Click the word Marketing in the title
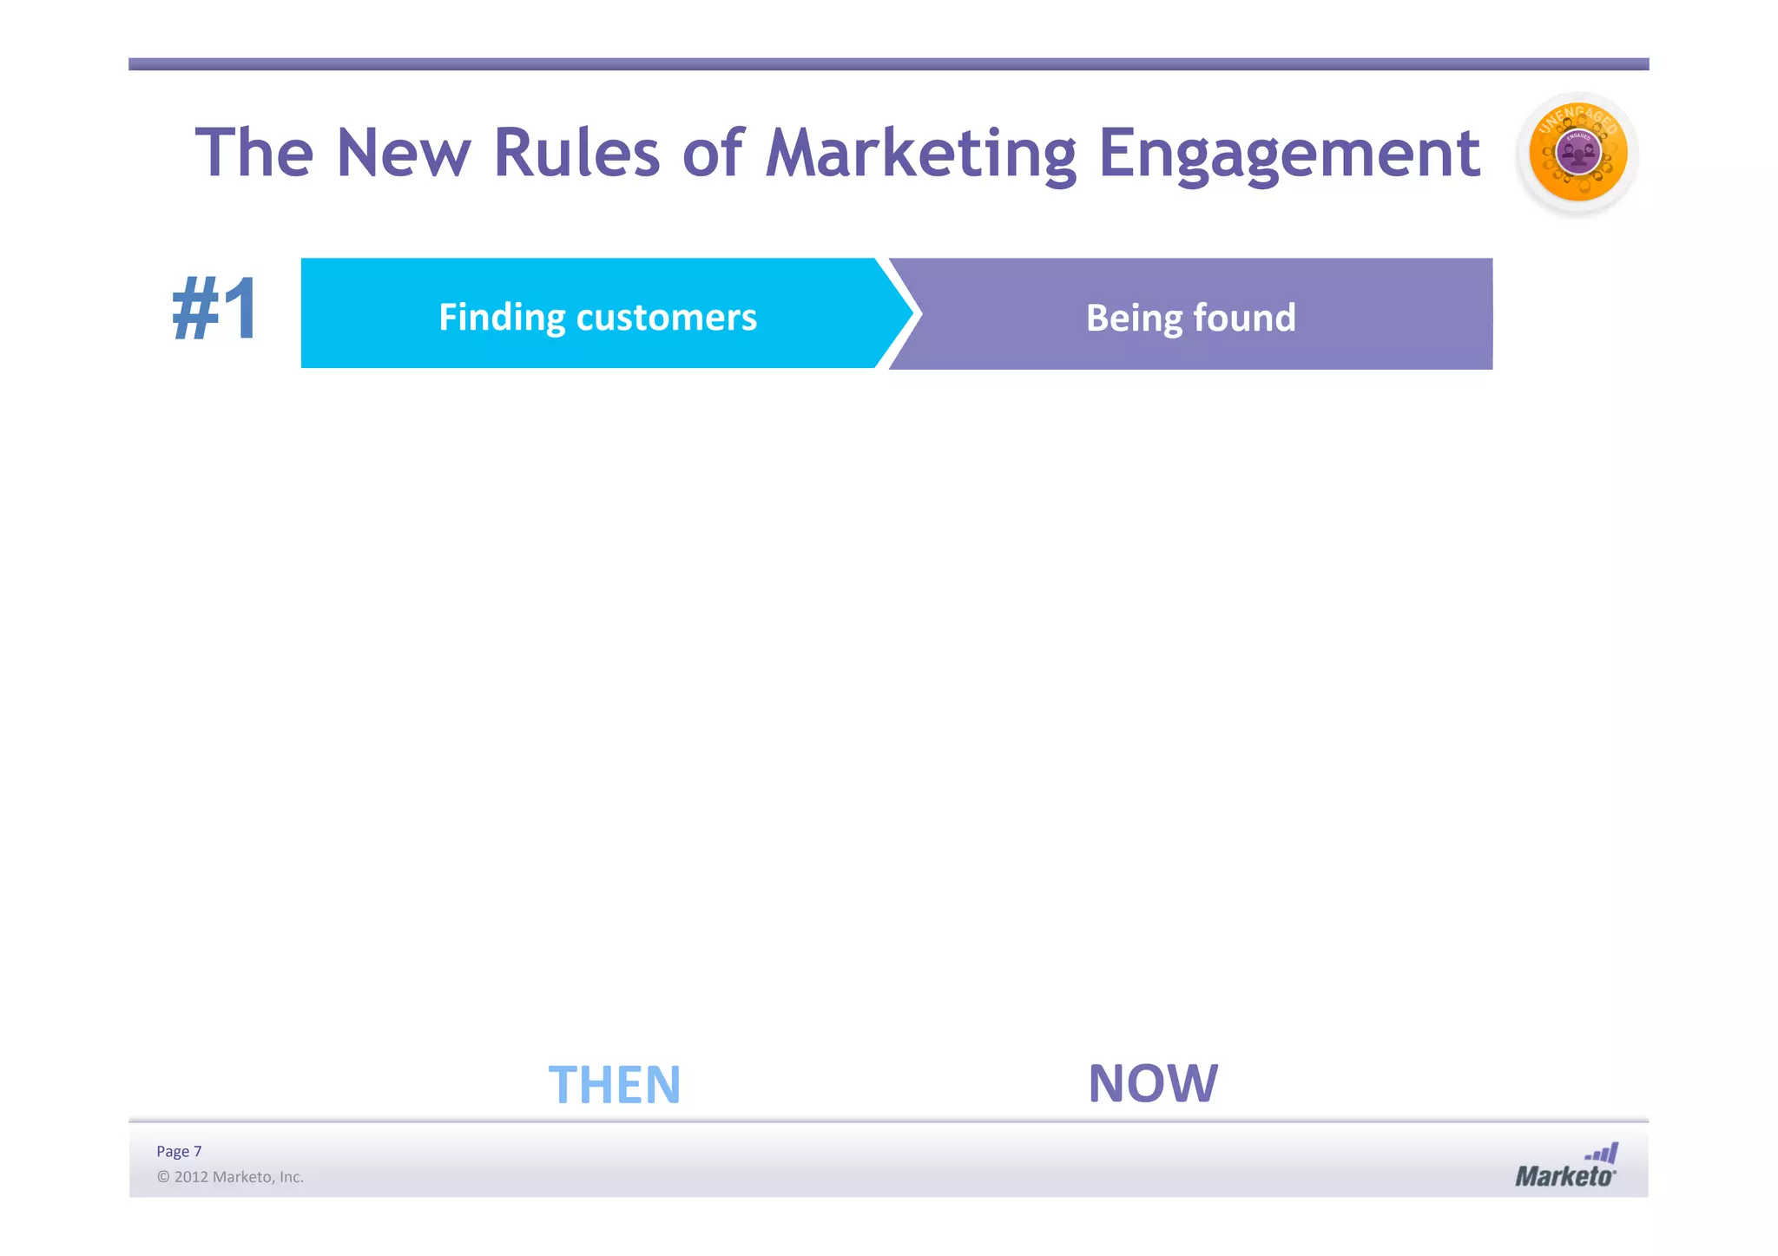click(920, 154)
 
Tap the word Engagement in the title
click(1288, 154)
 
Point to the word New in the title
click(403, 154)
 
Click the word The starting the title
click(254, 154)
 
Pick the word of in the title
click(713, 154)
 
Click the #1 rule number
click(214, 310)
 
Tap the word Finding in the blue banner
click(501, 318)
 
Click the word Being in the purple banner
click(1133, 319)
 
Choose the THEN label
click(614, 1085)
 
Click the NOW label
click(1153, 1083)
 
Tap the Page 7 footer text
click(179, 1151)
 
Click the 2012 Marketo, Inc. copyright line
click(230, 1177)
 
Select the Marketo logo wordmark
click(1564, 1176)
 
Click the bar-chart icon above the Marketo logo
click(1603, 1154)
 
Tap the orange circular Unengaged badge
click(1577, 155)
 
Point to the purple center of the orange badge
click(1577, 153)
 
